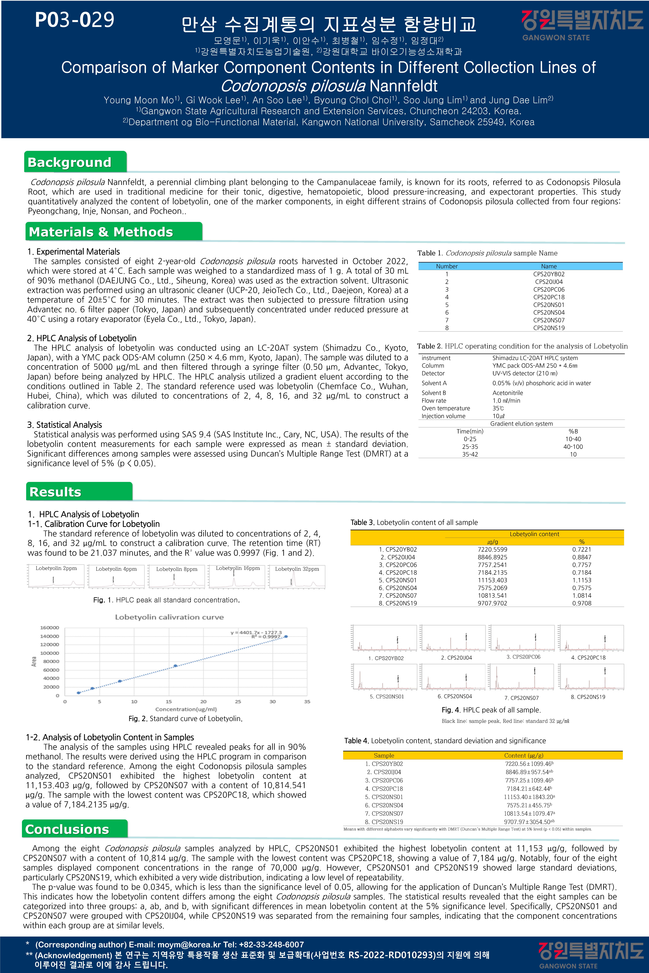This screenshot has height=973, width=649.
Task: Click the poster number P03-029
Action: point(74,20)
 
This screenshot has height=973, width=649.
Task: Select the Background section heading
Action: point(70,162)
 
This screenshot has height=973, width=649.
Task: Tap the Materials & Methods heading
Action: point(101,232)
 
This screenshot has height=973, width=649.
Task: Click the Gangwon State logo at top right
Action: point(582,25)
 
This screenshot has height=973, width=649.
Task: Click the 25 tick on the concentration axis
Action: point(238,702)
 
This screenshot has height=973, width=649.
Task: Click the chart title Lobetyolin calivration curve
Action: point(169,617)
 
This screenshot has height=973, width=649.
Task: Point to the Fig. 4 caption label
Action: point(451,710)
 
